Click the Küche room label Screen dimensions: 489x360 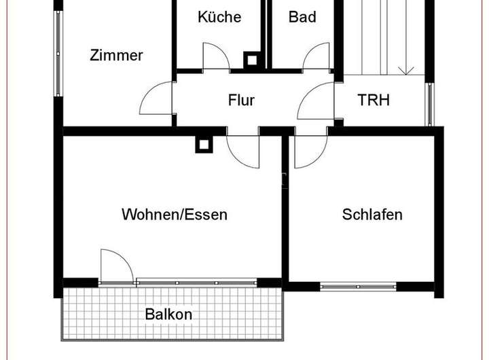(219, 17)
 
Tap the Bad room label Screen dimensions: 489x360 (302, 17)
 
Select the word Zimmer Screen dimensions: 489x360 (116, 56)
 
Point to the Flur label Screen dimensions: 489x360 (241, 101)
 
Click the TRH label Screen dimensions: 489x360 (374, 101)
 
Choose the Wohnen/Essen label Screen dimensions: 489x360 (174, 215)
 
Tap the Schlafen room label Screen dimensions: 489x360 (372, 215)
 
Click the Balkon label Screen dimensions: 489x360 (168, 314)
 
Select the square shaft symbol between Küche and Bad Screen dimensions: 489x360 (252, 60)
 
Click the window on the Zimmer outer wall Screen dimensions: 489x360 (59, 54)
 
